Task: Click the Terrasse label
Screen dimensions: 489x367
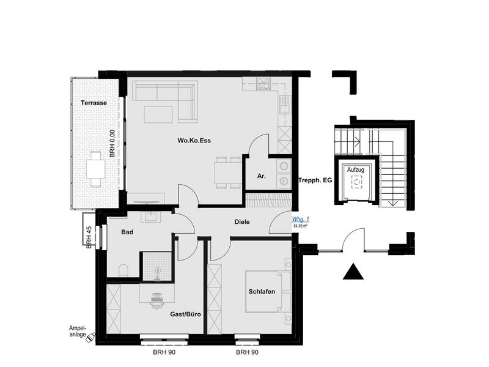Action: (x=94, y=103)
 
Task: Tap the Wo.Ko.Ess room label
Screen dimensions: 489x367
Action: (x=194, y=141)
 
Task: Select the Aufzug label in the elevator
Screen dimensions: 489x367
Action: (x=356, y=170)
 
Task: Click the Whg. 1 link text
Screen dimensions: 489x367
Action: (x=300, y=220)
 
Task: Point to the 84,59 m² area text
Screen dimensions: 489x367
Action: (x=301, y=226)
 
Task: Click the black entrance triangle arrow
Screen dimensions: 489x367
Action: (x=353, y=271)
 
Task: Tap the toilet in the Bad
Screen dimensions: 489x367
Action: (x=124, y=270)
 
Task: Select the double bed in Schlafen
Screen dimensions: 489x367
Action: (x=268, y=292)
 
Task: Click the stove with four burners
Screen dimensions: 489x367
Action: (x=263, y=84)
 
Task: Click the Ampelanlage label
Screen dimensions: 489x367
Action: (x=78, y=332)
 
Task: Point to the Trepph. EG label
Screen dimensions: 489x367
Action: (x=315, y=180)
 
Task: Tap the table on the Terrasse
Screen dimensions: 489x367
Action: (x=96, y=169)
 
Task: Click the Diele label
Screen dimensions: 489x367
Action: (x=242, y=222)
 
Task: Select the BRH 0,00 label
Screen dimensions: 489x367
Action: (x=112, y=144)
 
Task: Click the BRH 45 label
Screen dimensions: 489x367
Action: (x=89, y=237)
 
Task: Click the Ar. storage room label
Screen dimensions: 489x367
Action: (x=262, y=176)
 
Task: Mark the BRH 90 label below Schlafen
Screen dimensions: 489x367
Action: (x=248, y=352)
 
